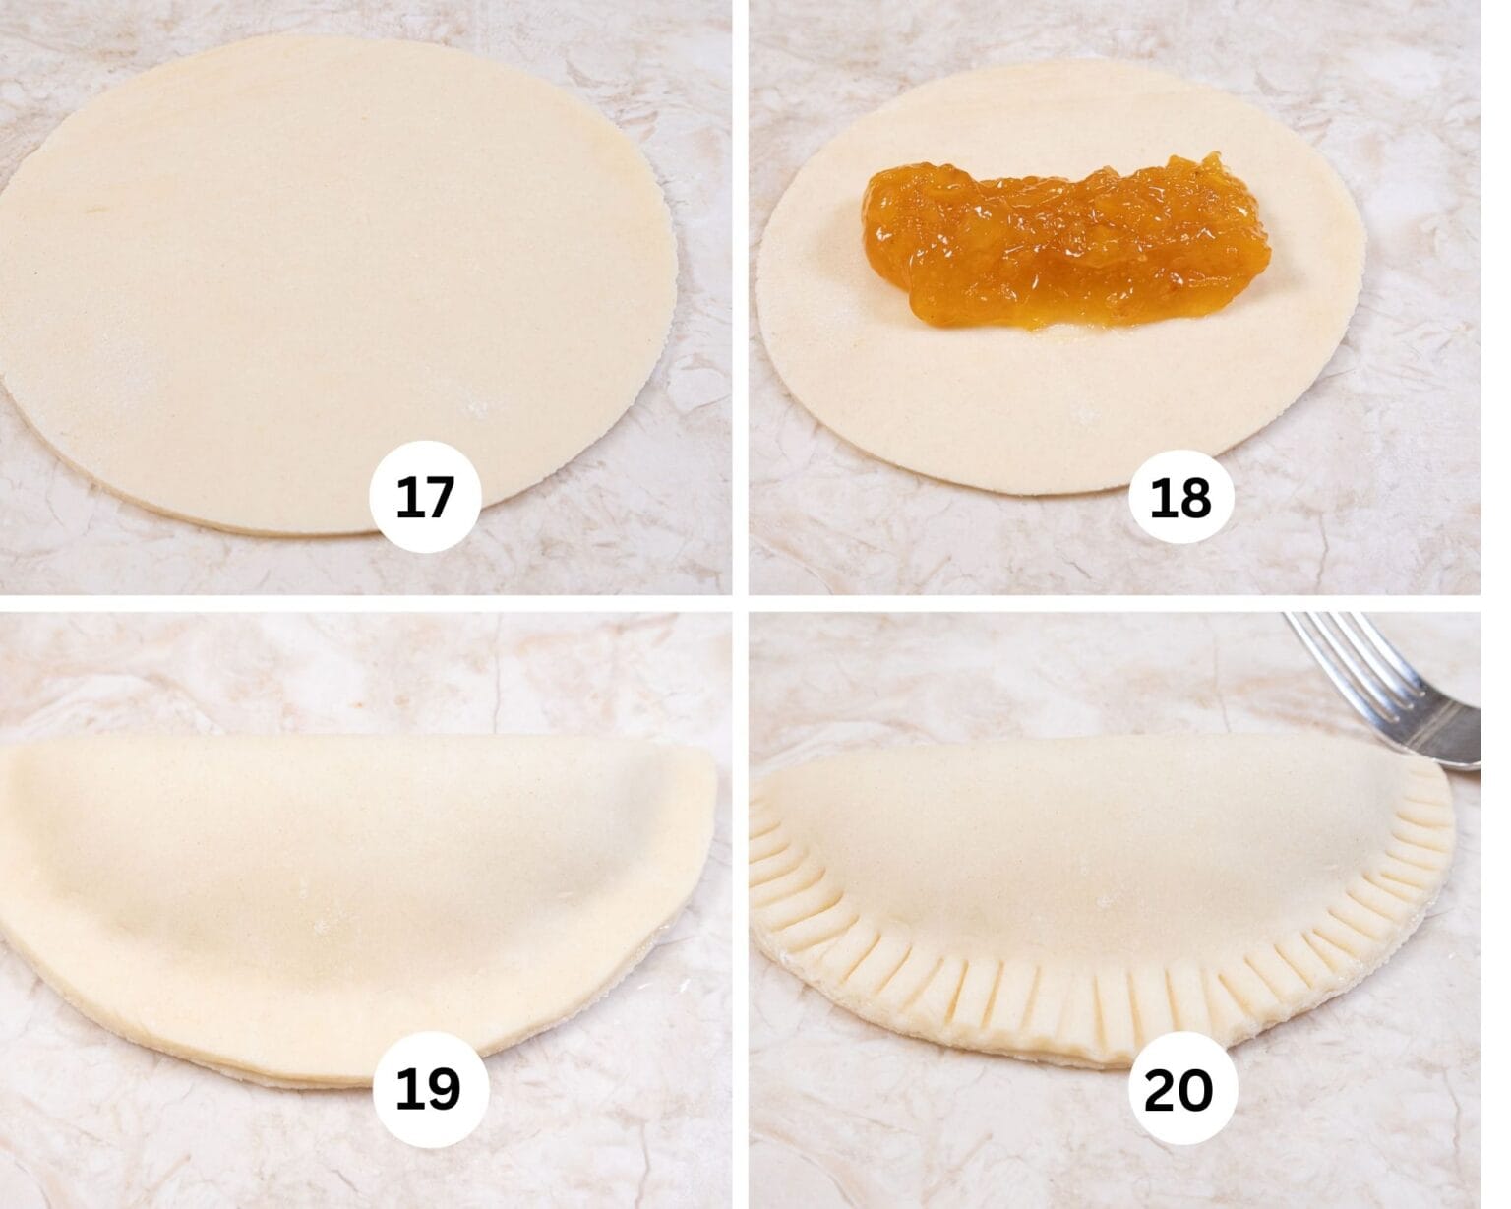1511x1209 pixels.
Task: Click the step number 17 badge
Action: point(425,497)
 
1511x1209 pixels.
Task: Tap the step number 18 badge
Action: point(1179,499)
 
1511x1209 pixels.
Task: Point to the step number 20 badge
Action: point(1178,1089)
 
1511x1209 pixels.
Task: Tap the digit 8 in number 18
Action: point(1195,499)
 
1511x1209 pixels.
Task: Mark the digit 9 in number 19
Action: point(445,1089)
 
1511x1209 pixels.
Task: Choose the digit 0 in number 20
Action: point(1195,1089)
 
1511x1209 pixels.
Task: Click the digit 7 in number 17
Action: point(440,498)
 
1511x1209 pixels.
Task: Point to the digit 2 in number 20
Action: point(1161,1089)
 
